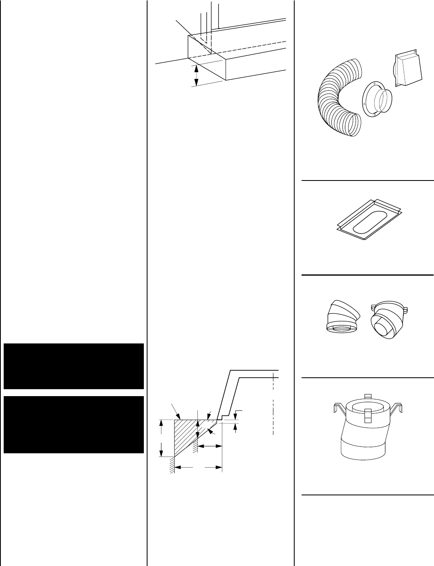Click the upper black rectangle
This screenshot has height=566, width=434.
(74, 366)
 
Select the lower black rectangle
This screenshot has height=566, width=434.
(74, 424)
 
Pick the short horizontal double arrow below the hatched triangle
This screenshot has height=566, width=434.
(210, 447)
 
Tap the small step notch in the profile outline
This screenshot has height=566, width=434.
(221, 418)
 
